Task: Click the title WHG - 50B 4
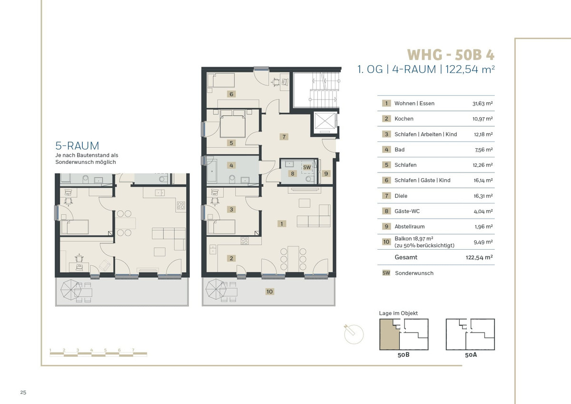click(451, 55)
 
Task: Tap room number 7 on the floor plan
click(284, 137)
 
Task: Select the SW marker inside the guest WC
click(307, 167)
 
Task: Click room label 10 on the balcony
click(269, 292)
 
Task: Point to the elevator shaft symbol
click(325, 122)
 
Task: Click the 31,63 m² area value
click(482, 103)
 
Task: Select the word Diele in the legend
click(401, 196)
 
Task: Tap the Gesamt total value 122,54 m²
click(479, 257)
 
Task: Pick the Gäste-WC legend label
click(407, 211)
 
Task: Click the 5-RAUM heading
click(77, 146)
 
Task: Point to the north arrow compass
click(353, 334)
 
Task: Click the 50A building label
click(471, 355)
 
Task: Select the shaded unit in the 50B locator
click(389, 334)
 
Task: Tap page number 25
click(23, 392)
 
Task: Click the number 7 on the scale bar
click(133, 350)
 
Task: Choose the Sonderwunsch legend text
click(414, 273)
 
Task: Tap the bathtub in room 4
click(212, 171)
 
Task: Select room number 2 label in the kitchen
click(231, 258)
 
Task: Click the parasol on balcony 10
click(216, 289)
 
